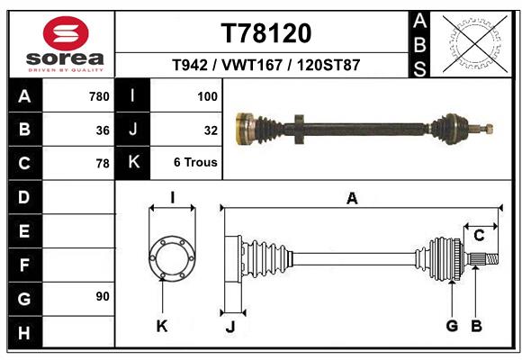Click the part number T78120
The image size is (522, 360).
pos(266,33)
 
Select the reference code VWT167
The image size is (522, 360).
pos(266,66)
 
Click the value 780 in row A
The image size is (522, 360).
pos(99,96)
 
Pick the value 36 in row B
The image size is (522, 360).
pos(103,130)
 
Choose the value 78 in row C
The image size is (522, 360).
pos(103,164)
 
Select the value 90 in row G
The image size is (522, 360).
pos(103,296)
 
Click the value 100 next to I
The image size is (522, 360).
pos(207,96)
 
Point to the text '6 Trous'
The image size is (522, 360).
pos(195,163)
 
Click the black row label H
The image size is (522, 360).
pos(24,333)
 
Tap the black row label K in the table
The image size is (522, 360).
pos(133,163)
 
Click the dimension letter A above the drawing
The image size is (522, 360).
pos(352,198)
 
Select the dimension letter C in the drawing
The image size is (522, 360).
pos(479,236)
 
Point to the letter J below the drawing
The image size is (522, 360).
pos(229,327)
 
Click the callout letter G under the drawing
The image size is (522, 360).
pos(452,326)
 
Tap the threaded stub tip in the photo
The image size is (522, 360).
pos(489,128)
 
